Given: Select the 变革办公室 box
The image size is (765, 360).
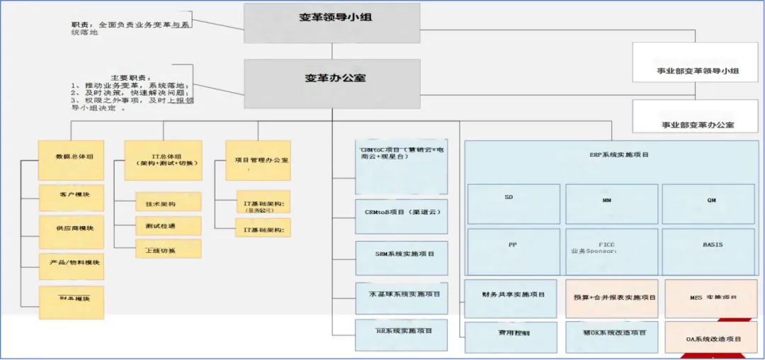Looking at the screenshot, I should coord(331,77).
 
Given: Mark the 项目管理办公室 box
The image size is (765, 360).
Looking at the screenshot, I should coord(258,160).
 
